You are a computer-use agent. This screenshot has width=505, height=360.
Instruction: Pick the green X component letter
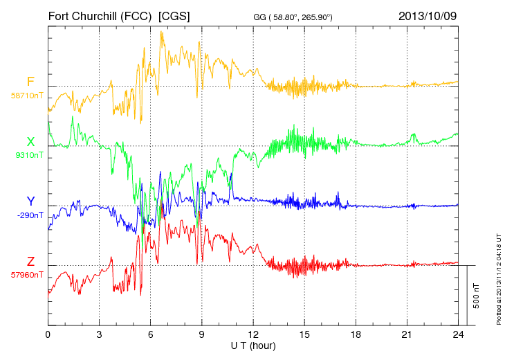(30, 142)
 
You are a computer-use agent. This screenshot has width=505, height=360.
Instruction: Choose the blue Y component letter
(30, 201)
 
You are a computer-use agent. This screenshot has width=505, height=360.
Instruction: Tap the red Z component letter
(30, 262)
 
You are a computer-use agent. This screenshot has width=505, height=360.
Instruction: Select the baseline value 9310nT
(29, 155)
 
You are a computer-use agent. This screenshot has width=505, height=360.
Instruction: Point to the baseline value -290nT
(29, 215)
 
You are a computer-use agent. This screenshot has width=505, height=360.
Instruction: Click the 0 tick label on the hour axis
(48, 335)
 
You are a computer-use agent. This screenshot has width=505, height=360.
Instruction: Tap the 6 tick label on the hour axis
(150, 335)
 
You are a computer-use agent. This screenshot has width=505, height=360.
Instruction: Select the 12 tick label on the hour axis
(253, 335)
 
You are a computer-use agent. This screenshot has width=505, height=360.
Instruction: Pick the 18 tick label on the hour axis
(356, 335)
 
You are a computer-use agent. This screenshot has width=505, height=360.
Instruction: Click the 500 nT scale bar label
(477, 296)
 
